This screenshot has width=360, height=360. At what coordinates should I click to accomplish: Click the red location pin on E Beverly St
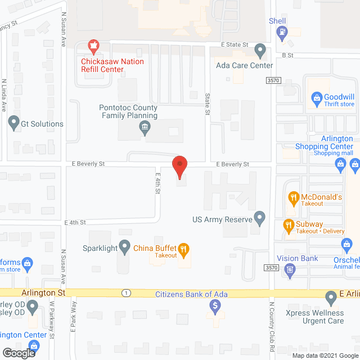coord(179,164)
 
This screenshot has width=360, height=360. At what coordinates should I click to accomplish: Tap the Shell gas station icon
coord(280,34)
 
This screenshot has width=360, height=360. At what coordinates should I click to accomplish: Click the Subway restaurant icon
coord(288,226)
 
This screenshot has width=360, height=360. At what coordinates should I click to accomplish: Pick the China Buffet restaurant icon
coord(183,248)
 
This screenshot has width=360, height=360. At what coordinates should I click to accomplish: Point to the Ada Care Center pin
coord(260,51)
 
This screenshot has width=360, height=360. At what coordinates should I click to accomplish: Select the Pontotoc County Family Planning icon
coord(145,129)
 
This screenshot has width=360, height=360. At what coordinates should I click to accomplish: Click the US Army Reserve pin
coord(259,217)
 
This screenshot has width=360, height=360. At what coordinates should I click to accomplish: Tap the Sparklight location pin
coord(123,248)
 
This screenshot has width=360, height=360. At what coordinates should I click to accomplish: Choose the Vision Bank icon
coord(290,271)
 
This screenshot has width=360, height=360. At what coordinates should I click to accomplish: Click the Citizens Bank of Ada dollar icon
coord(214,306)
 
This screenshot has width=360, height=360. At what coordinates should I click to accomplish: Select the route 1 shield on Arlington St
coord(126,293)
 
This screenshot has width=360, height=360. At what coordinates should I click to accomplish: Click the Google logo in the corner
coord(19,353)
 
